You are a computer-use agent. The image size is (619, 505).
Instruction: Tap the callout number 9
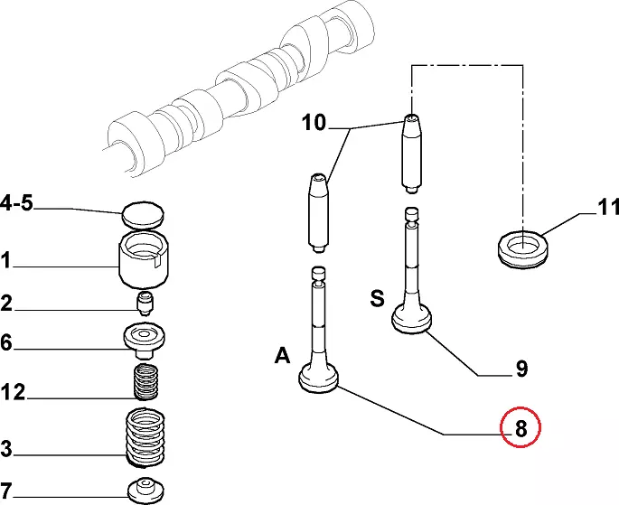pos(521,369)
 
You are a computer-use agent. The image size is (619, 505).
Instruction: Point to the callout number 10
pos(314,123)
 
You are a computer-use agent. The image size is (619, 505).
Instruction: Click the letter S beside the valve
pos(377,298)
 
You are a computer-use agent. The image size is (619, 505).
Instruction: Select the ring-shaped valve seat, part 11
pos(524,246)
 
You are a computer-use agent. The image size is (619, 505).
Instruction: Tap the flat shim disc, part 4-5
pos(143,216)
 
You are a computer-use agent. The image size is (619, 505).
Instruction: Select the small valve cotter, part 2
pos(144,300)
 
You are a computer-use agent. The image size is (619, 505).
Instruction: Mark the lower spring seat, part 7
pos(144,490)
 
